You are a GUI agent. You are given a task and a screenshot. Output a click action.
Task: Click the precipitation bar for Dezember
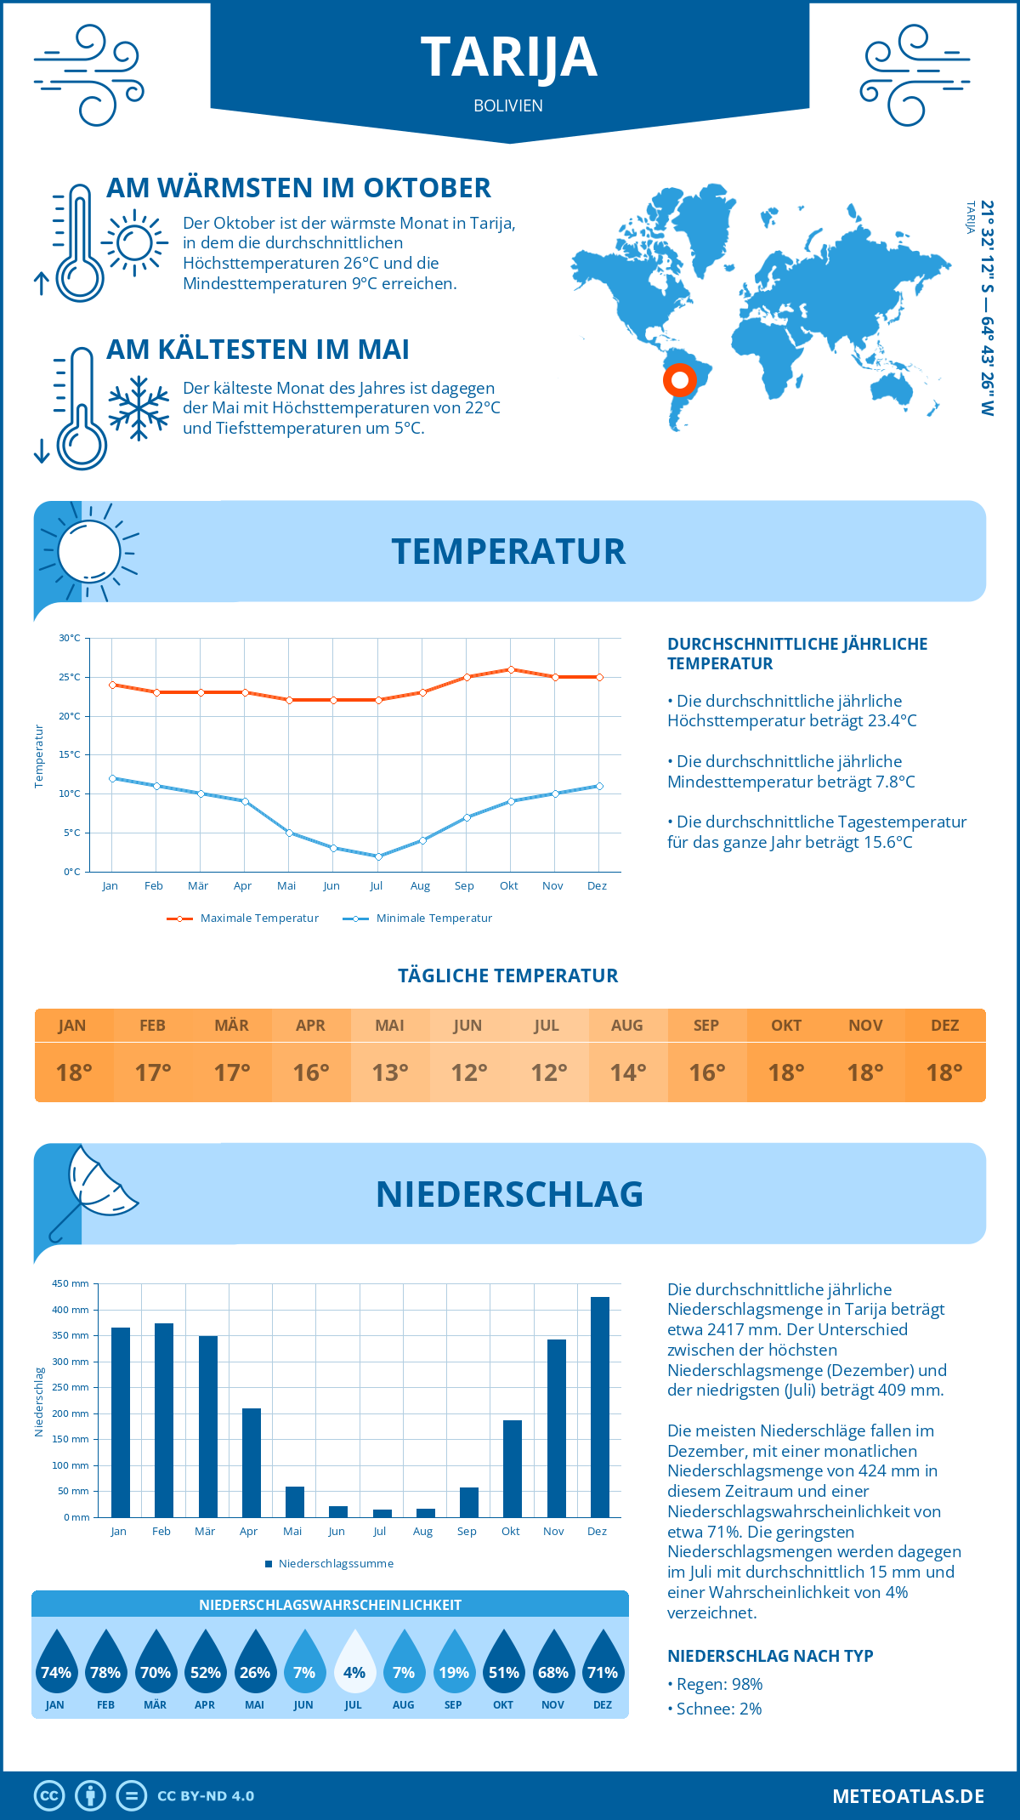600,1407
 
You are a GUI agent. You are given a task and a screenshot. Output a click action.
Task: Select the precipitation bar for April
252,1463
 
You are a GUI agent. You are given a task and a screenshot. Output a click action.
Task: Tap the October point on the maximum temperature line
511,669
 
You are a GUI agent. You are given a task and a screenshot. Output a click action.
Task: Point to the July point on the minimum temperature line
378,856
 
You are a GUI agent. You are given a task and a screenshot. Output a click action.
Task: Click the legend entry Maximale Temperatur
243,919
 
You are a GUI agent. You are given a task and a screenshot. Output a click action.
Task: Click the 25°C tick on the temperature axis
71,677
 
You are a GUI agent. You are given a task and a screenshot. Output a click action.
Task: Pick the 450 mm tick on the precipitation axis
71,1283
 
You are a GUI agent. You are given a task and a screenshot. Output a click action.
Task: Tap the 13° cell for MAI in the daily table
390,1072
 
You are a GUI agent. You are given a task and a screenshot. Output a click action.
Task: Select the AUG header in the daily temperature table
627,1025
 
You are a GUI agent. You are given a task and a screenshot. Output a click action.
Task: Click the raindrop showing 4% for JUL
354,1664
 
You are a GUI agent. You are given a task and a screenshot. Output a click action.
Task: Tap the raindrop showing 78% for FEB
105,1664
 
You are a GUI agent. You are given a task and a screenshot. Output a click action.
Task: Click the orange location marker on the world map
680,379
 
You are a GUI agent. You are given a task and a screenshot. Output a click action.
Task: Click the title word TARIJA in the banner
509,58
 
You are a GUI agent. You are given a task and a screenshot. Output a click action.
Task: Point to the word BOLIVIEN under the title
508,105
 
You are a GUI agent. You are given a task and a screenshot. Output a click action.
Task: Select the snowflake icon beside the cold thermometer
139,408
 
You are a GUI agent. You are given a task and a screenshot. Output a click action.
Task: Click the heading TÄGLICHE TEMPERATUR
508,975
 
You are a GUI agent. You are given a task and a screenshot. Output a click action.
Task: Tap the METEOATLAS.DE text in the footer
908,1796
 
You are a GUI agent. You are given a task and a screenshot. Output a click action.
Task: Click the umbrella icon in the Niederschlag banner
93,1190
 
